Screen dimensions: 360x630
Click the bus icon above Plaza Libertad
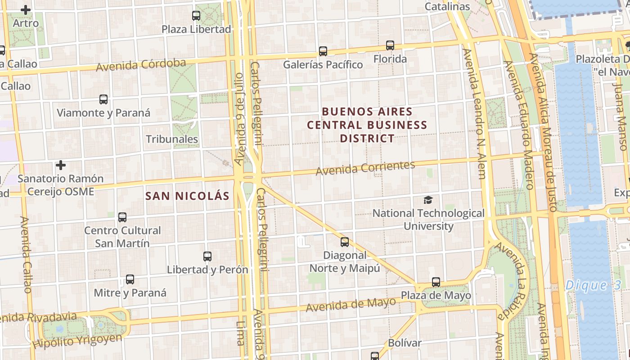196,16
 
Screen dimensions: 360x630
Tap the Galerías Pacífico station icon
323,51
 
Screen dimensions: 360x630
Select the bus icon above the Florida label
390,45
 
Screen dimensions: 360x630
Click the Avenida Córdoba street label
141,65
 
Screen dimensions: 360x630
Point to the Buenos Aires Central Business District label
367,125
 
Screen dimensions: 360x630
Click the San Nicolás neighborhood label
187,196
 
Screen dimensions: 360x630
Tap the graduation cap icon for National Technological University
428,200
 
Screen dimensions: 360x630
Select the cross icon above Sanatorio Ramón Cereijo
61,165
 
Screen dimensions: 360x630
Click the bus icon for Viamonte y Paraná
103,99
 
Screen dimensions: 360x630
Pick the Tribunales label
172,139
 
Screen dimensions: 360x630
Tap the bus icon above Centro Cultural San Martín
122,217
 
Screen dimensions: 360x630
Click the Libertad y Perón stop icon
207,256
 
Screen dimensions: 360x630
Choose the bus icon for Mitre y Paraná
130,279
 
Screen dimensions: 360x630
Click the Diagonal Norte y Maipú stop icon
345,242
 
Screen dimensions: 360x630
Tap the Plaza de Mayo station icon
436,282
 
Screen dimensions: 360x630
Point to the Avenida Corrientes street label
365,168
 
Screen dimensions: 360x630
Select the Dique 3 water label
593,285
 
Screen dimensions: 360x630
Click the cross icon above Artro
26,9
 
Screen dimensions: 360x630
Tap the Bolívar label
405,343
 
